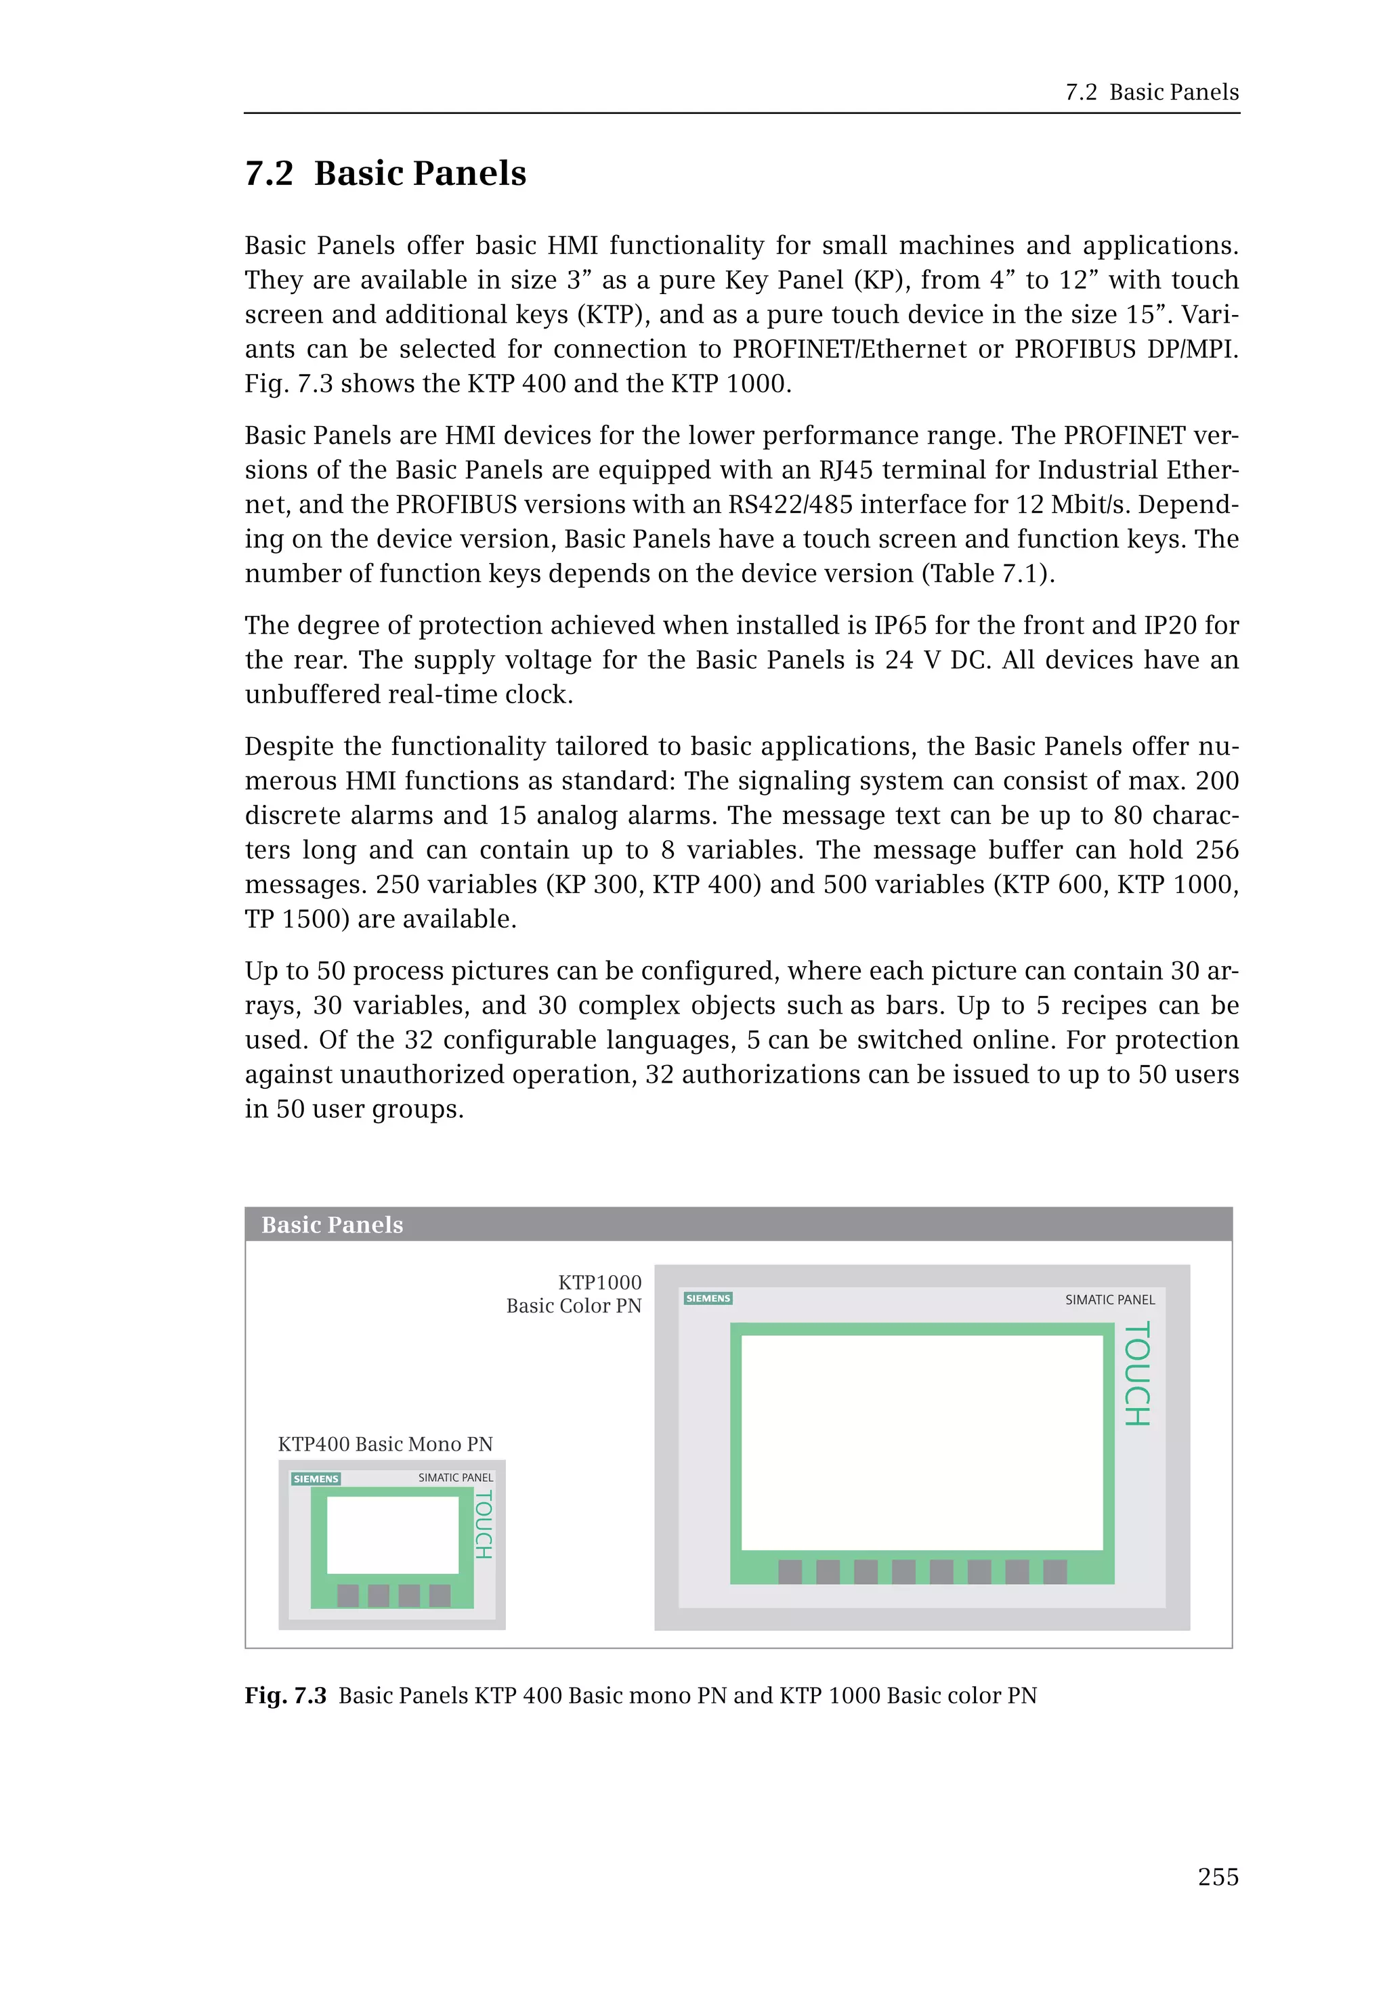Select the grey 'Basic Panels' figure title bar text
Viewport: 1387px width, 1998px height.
[332, 1224]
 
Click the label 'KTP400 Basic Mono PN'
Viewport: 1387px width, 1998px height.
[385, 1444]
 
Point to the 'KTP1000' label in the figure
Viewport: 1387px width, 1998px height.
[599, 1283]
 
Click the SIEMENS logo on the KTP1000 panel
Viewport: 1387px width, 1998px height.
[708, 1298]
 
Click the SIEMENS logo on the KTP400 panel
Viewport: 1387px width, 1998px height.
[316, 1479]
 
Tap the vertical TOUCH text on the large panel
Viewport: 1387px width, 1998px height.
[1136, 1374]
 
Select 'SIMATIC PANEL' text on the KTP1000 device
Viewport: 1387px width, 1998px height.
[1110, 1300]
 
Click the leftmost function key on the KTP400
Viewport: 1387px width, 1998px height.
[347, 1595]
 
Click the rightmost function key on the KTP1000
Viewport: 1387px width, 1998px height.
[1054, 1571]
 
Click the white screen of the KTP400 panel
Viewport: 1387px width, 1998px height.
[392, 1535]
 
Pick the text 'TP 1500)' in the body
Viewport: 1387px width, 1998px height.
[297, 919]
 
